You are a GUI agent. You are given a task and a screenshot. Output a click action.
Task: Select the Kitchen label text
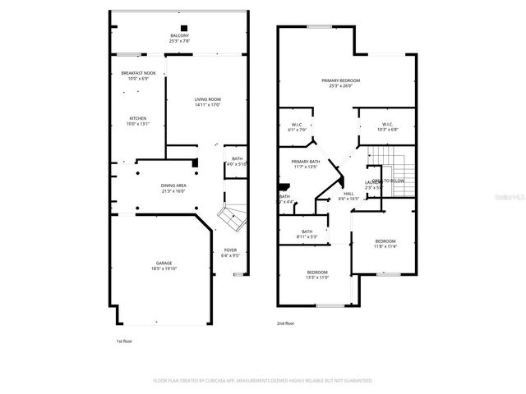tap(137, 121)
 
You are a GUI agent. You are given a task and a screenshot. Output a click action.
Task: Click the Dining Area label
tap(173, 188)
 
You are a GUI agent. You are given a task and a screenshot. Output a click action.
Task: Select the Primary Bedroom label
tap(340, 83)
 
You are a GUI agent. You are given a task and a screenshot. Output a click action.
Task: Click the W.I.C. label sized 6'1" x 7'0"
tap(297, 127)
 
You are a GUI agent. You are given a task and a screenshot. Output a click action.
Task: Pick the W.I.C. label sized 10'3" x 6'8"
tap(387, 127)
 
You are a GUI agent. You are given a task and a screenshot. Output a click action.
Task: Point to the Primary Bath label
tap(305, 164)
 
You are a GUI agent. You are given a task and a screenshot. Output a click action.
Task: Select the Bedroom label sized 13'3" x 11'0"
tap(317, 275)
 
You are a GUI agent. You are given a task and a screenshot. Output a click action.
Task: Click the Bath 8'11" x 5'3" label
tap(307, 234)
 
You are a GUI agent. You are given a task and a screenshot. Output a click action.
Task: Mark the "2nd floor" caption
tap(285, 323)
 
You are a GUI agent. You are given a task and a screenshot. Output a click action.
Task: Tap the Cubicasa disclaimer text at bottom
tap(263, 381)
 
